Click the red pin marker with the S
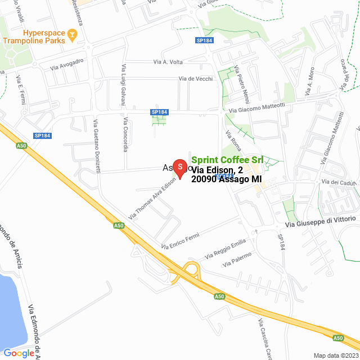179,168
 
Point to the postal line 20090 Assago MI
227,179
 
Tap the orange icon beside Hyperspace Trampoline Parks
72,38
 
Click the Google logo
19,353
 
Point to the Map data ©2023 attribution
335,355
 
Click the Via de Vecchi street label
196,79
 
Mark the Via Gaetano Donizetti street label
97,146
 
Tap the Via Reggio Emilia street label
225,248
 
